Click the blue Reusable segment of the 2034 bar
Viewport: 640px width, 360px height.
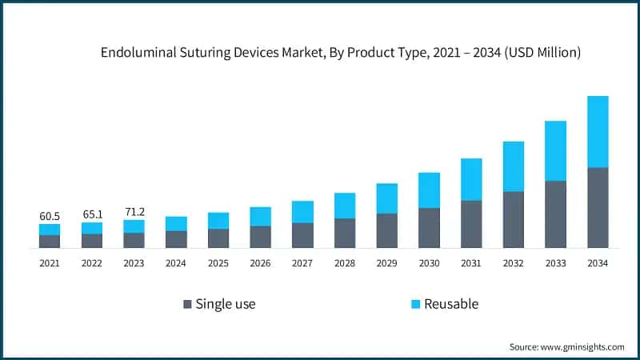598,132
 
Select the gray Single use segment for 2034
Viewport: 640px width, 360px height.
598,208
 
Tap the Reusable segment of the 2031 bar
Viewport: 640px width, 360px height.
471,179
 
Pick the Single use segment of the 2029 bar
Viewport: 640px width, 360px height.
387,230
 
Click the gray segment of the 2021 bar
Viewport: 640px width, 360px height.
50,242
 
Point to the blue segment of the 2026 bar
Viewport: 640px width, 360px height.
260,216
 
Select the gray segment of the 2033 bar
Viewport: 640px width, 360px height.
555,214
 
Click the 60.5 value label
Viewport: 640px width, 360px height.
50,216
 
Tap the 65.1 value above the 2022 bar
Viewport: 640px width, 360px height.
92,214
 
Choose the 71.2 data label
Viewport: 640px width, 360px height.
134,212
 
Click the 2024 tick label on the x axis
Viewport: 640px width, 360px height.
176,264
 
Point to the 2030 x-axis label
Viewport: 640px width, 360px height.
429,264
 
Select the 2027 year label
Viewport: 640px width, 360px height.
302,264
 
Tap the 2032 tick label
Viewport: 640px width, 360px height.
513,264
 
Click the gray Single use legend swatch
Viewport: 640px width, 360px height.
187,304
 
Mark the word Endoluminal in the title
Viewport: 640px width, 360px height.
135,54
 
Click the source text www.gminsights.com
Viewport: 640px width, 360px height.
582,346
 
